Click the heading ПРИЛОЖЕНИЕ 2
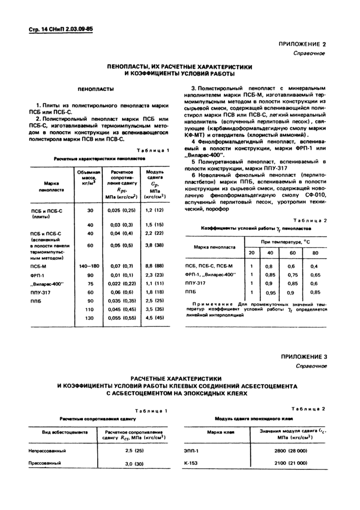click(303, 45)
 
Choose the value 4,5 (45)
click(155, 318)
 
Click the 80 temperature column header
click(314, 253)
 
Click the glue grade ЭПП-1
click(191, 450)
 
